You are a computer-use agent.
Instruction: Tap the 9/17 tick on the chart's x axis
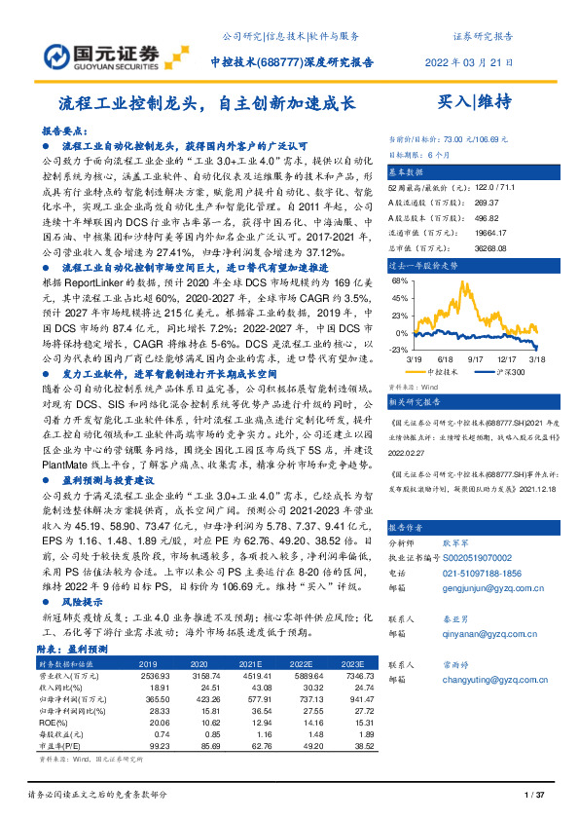476,358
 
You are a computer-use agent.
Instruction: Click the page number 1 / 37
532,797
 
